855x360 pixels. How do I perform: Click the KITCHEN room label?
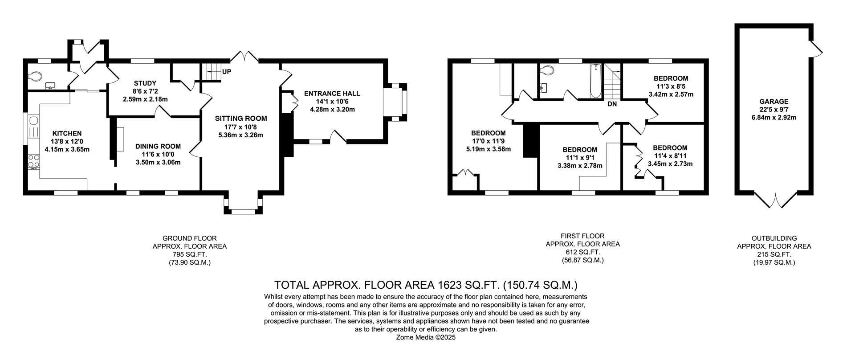click(67, 133)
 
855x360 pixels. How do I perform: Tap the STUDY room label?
click(145, 83)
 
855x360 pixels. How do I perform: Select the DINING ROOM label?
click(158, 146)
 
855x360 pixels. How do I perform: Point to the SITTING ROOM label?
click(241, 119)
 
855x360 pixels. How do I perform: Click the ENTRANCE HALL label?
click(332, 94)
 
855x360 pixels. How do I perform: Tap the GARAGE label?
click(774, 102)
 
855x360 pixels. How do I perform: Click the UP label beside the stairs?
click(227, 72)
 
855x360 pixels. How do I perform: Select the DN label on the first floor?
click(612, 104)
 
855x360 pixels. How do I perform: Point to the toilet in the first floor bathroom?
click(546, 70)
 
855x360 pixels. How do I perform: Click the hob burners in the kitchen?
click(33, 162)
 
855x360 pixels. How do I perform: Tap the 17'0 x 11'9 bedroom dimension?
click(488, 141)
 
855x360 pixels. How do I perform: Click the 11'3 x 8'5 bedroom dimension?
click(671, 86)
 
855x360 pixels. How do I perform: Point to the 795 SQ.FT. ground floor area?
click(190, 254)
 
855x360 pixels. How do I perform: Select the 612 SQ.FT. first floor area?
click(583, 252)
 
